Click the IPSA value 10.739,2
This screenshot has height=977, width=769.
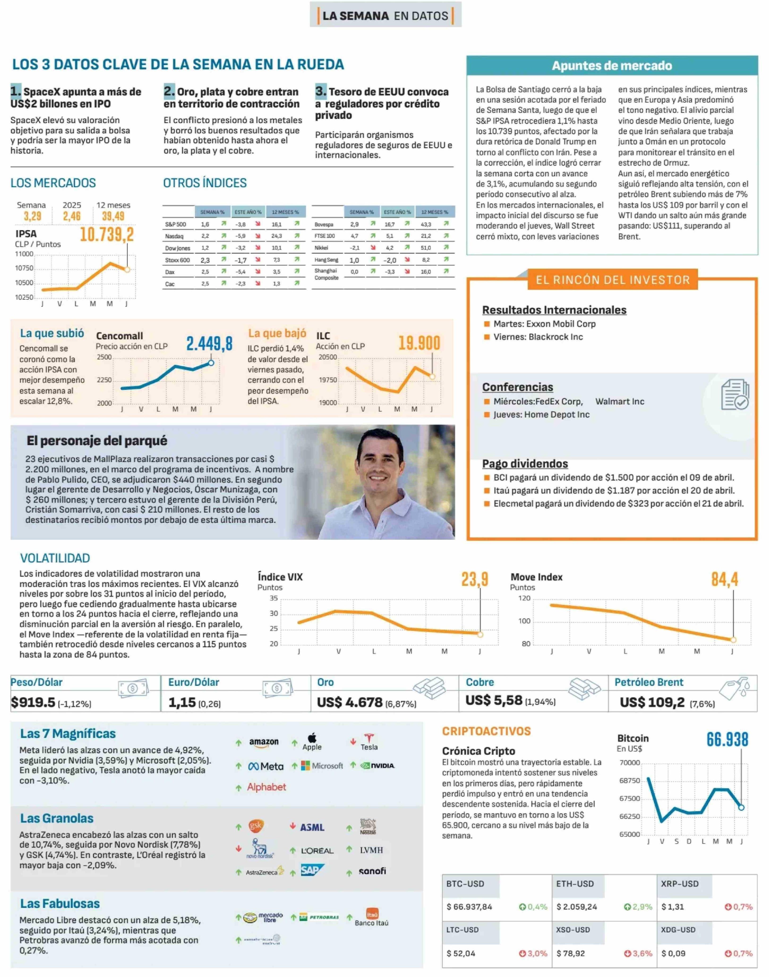(x=107, y=234)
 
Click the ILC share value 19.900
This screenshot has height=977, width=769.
(x=419, y=343)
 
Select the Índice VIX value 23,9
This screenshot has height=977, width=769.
(x=474, y=579)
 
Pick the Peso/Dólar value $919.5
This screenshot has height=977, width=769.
(x=33, y=702)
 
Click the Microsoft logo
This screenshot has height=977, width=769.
(x=322, y=766)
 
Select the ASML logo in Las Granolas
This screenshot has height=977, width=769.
(x=312, y=827)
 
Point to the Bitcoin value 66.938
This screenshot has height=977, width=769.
(x=727, y=740)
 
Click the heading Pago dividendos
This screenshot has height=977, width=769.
(x=525, y=464)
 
